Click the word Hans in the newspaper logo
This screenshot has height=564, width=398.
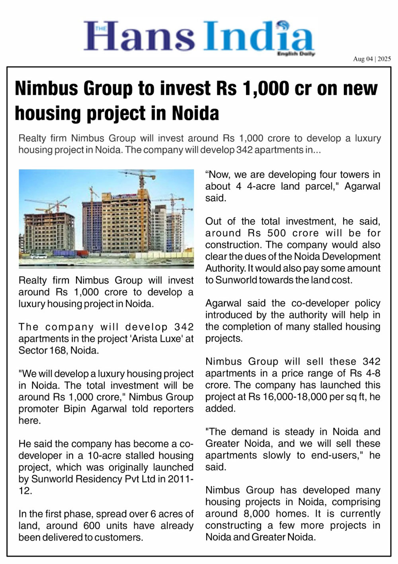139,37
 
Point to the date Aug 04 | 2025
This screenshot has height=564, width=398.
372,59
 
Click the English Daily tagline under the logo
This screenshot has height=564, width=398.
296,53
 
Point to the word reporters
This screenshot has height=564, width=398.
175,409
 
